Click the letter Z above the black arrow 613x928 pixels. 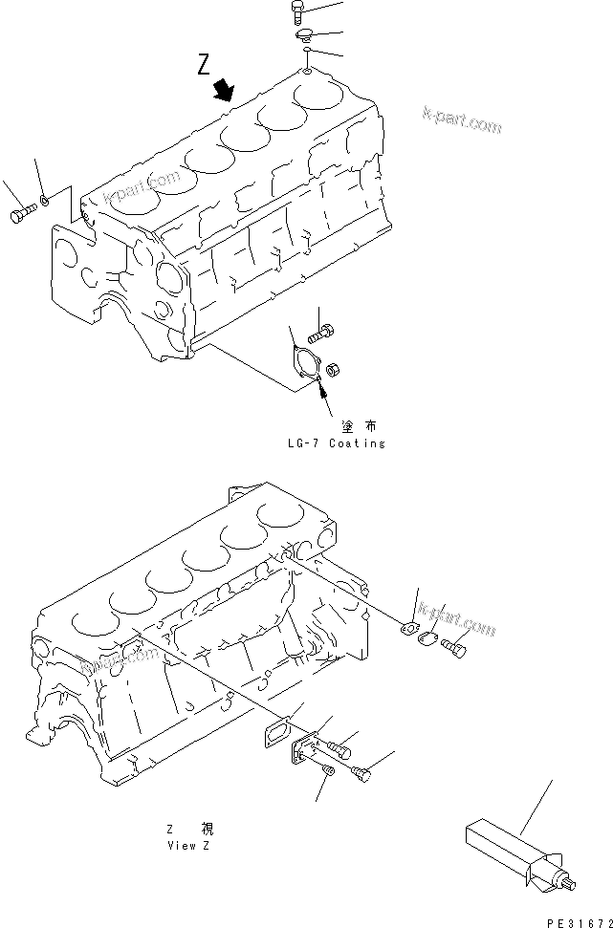[203, 65]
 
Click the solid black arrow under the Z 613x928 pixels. [225, 90]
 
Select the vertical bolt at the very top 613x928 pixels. [296, 12]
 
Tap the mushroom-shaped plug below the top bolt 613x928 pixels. [304, 36]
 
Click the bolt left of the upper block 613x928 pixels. [22, 216]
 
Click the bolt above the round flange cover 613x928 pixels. [321, 335]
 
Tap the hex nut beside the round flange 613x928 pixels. [335, 367]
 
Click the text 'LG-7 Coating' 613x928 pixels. [335, 443]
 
